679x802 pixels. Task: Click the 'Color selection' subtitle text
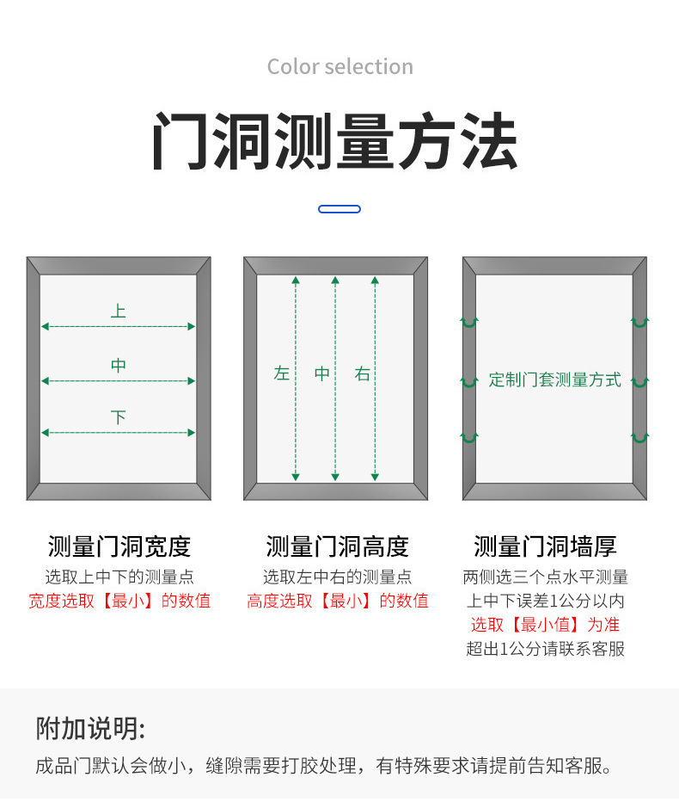point(339,66)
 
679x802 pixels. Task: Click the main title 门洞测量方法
point(335,141)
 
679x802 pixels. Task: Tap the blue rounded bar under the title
point(339,209)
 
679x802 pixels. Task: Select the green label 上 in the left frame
point(118,311)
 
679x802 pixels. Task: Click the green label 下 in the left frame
point(118,417)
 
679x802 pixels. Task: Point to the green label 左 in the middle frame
point(282,373)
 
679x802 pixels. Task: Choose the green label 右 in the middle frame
point(362,373)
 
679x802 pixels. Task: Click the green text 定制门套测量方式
point(555,379)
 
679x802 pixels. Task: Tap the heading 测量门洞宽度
point(119,546)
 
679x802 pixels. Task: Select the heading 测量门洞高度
point(337,546)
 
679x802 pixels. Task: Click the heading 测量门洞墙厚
point(545,546)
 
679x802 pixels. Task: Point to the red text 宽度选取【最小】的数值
point(119,601)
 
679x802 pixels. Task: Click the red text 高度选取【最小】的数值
point(338,601)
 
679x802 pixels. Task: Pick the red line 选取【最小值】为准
point(545,625)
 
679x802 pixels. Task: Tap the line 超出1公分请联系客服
point(545,649)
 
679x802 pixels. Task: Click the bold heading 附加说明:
point(90,728)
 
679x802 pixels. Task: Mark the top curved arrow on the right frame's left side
point(469,322)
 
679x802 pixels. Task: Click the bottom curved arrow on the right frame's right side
point(639,438)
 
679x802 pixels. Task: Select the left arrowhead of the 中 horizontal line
point(45,381)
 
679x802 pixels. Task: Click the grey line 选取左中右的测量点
point(337,577)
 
